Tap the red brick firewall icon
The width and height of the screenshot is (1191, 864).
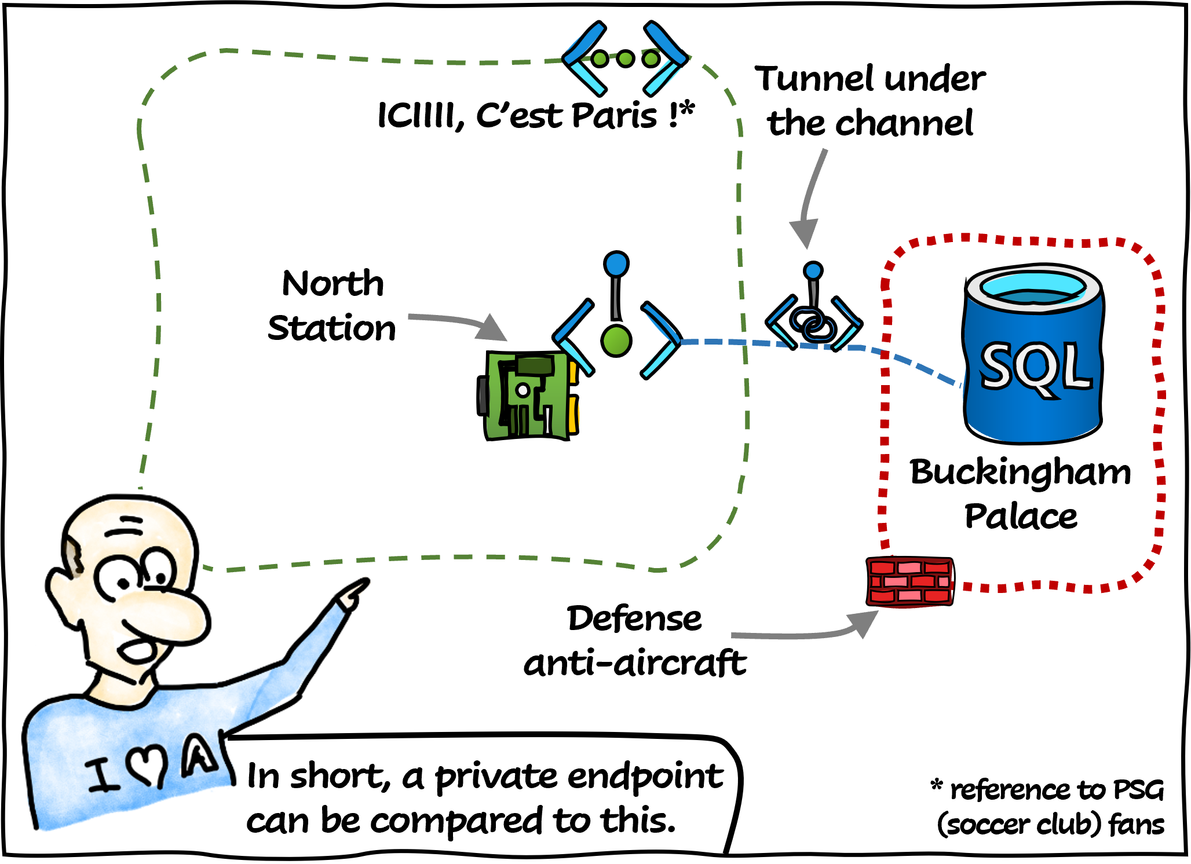point(909,581)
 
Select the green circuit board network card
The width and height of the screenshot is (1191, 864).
point(528,396)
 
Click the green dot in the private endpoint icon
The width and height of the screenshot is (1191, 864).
point(616,341)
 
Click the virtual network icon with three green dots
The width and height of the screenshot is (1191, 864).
point(626,58)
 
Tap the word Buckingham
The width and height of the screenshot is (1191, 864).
point(1020,472)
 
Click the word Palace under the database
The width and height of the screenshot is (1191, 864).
point(1021,517)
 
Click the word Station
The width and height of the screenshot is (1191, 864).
point(331,328)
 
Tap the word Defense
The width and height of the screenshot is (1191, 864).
point(634,618)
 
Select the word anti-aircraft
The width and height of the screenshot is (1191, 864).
point(635,663)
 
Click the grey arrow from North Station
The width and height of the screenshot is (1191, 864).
point(458,323)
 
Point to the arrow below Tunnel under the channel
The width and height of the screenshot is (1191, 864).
point(809,197)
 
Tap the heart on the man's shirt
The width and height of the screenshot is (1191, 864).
point(147,767)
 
